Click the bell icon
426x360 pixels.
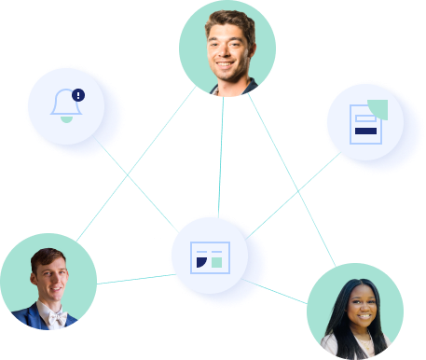[x=65, y=105]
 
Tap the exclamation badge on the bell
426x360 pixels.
[x=77, y=94]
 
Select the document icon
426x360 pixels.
[x=364, y=123]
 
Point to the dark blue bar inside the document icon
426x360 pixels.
[x=365, y=132]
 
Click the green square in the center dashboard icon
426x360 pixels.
[x=216, y=262]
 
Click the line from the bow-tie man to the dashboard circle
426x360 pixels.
[x=131, y=278]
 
